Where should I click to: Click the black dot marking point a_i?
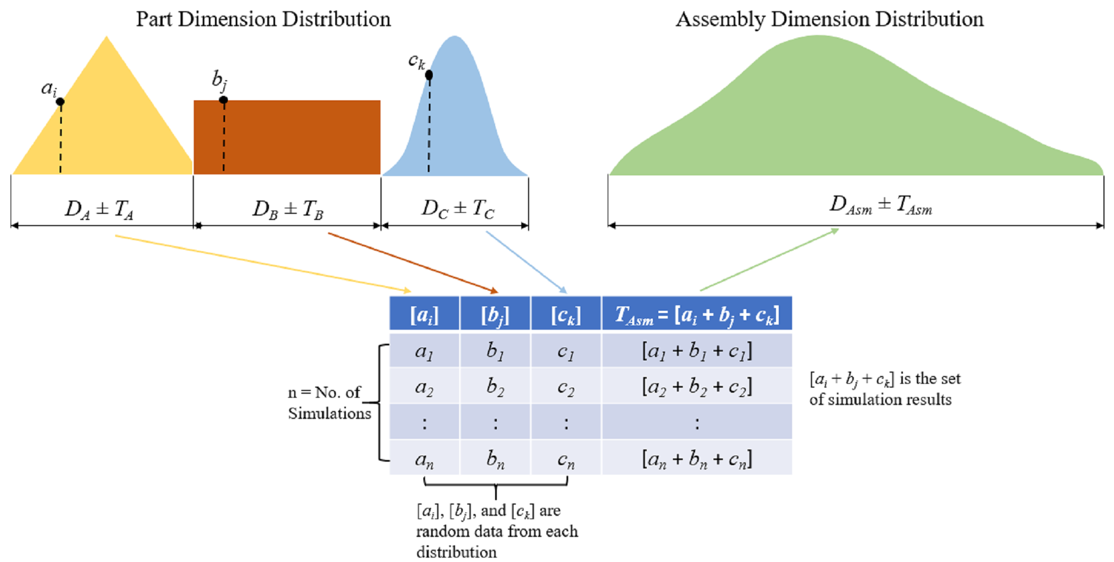(x=60, y=101)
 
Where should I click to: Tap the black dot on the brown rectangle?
(x=223, y=100)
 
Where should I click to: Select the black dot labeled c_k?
(x=429, y=75)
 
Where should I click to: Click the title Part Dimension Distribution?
(x=263, y=19)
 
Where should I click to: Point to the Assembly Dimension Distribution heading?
(x=829, y=19)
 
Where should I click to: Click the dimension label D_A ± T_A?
(x=99, y=209)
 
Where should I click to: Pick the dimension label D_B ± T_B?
(x=287, y=209)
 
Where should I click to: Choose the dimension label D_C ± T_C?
(x=457, y=209)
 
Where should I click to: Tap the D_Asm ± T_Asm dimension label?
(x=880, y=205)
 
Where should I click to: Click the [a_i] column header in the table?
(x=424, y=315)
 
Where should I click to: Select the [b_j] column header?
(x=495, y=315)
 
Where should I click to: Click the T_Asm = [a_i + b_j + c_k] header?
(x=697, y=315)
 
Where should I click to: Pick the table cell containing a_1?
(x=424, y=351)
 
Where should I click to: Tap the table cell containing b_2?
(x=495, y=386)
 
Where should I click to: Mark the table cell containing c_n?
(x=566, y=458)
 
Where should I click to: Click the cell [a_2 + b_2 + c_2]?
(x=697, y=386)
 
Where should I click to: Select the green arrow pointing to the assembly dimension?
(x=769, y=260)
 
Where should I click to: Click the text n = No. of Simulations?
(x=329, y=403)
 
